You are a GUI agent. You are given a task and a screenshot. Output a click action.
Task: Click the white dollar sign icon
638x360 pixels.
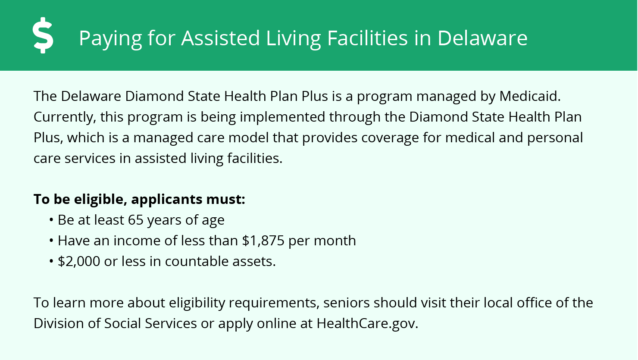click(x=43, y=35)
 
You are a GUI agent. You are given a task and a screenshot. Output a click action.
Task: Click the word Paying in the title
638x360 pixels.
click(x=110, y=38)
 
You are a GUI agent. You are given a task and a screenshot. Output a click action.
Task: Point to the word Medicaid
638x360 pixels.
click(x=530, y=96)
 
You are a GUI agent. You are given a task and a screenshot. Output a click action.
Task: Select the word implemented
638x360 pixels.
click(x=282, y=118)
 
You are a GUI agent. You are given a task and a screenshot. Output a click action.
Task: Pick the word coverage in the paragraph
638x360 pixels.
click(x=390, y=138)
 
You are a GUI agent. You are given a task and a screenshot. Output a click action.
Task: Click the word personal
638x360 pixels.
click(x=555, y=138)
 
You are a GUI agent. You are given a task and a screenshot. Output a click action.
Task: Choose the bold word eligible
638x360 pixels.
click(x=100, y=199)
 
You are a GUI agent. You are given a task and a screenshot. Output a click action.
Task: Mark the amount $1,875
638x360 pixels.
click(x=263, y=241)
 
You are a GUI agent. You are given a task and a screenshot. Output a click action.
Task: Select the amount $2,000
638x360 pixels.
click(x=79, y=261)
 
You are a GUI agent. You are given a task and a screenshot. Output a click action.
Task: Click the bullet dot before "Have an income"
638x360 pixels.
click(x=51, y=241)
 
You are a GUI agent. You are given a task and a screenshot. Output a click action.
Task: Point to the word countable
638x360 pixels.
click(x=197, y=261)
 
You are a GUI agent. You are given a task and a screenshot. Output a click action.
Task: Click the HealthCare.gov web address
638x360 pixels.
click(x=367, y=324)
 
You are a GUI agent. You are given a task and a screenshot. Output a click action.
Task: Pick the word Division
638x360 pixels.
click(x=58, y=323)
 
